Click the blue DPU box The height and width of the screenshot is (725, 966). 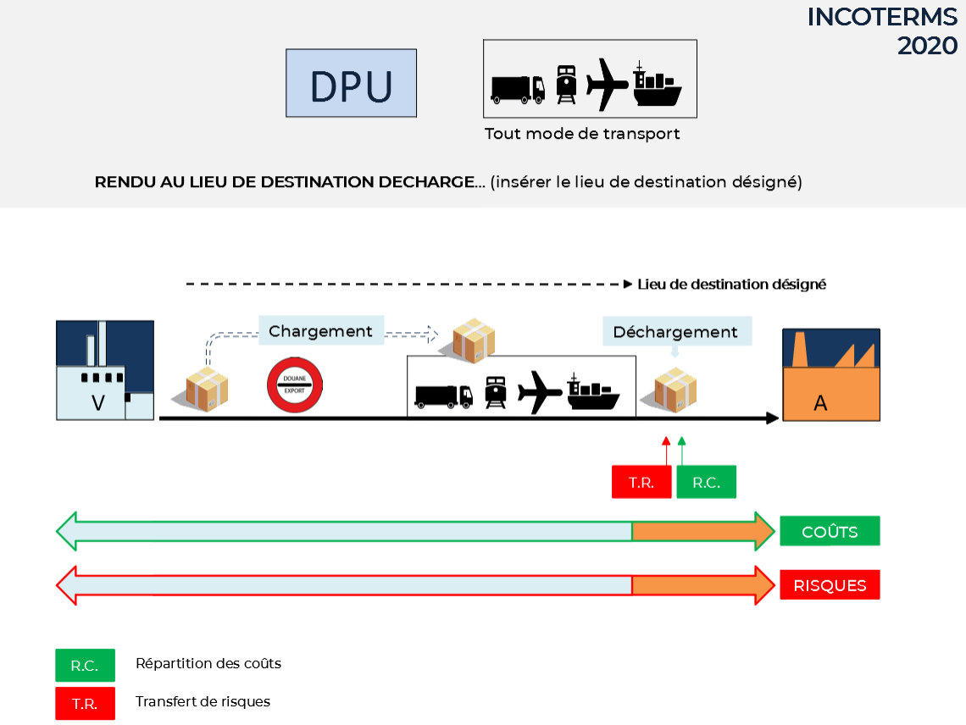pos(351,83)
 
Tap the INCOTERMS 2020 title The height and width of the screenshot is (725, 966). pos(882,31)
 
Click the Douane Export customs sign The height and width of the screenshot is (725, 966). pos(295,385)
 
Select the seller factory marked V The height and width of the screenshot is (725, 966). pos(105,370)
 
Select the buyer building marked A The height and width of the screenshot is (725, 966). pos(831,375)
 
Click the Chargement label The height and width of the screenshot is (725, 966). pos(321,331)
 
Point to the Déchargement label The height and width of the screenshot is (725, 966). pos(676,331)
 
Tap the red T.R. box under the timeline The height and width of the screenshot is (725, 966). pos(641,482)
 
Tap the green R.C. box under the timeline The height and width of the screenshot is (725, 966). pos(706,482)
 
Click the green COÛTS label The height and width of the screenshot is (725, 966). pos(830,531)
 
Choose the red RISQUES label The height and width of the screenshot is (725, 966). pos(830,584)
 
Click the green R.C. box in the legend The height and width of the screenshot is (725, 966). pos(85,665)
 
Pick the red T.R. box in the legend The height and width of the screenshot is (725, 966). pos(85,704)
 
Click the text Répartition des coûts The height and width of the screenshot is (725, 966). pos(208,663)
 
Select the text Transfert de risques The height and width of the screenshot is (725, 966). pos(203,701)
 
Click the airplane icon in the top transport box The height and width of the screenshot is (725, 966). pos(607,84)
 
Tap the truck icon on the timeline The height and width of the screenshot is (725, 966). pos(443,396)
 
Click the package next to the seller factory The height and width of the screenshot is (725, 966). pos(207,390)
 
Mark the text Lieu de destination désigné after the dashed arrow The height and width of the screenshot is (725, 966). pos(731,284)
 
